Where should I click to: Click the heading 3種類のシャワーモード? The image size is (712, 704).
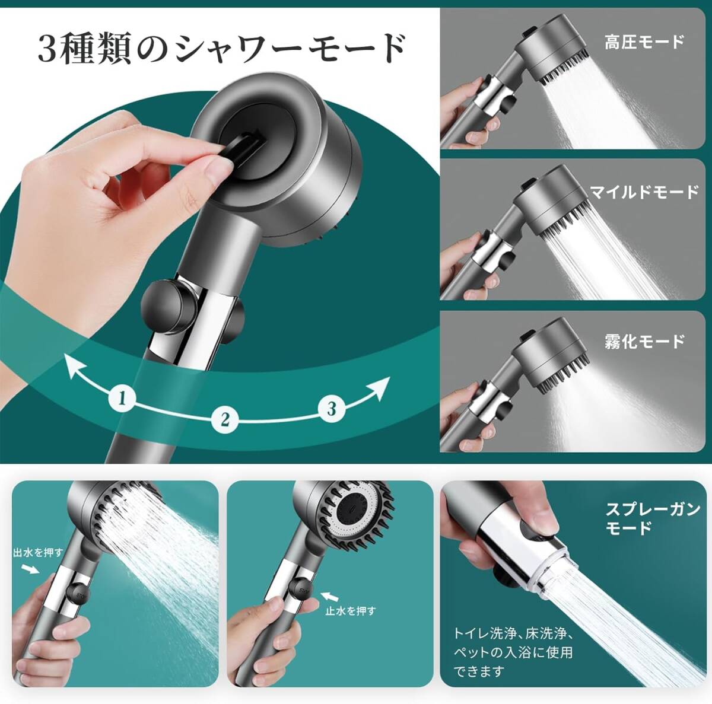pyautogui.click(x=221, y=49)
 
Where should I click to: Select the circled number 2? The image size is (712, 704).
pyautogui.click(x=225, y=419)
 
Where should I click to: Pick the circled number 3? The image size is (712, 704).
pyautogui.click(x=331, y=408)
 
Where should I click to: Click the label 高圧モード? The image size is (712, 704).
pyautogui.click(x=644, y=42)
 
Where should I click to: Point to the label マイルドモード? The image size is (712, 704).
pyautogui.click(x=644, y=192)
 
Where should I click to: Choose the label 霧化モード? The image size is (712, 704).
pyautogui.click(x=644, y=341)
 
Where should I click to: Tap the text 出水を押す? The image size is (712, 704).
pyautogui.click(x=38, y=553)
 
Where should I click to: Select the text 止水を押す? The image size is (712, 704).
pyautogui.click(x=350, y=610)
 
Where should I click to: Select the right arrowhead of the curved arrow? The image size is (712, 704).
pyautogui.click(x=380, y=387)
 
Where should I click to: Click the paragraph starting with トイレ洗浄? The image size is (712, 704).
pyautogui.click(x=513, y=652)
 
